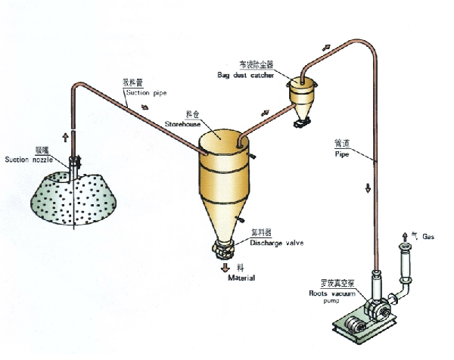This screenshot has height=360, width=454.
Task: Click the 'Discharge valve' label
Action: [x=275, y=243]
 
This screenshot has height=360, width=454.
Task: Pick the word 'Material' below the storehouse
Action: [x=241, y=278]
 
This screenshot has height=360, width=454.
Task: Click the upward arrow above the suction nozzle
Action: [x=65, y=137]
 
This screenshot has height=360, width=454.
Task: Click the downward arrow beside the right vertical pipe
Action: [x=368, y=188]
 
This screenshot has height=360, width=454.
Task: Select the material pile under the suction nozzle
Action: [x=69, y=197]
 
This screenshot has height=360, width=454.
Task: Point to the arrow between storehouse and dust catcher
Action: [x=265, y=113]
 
